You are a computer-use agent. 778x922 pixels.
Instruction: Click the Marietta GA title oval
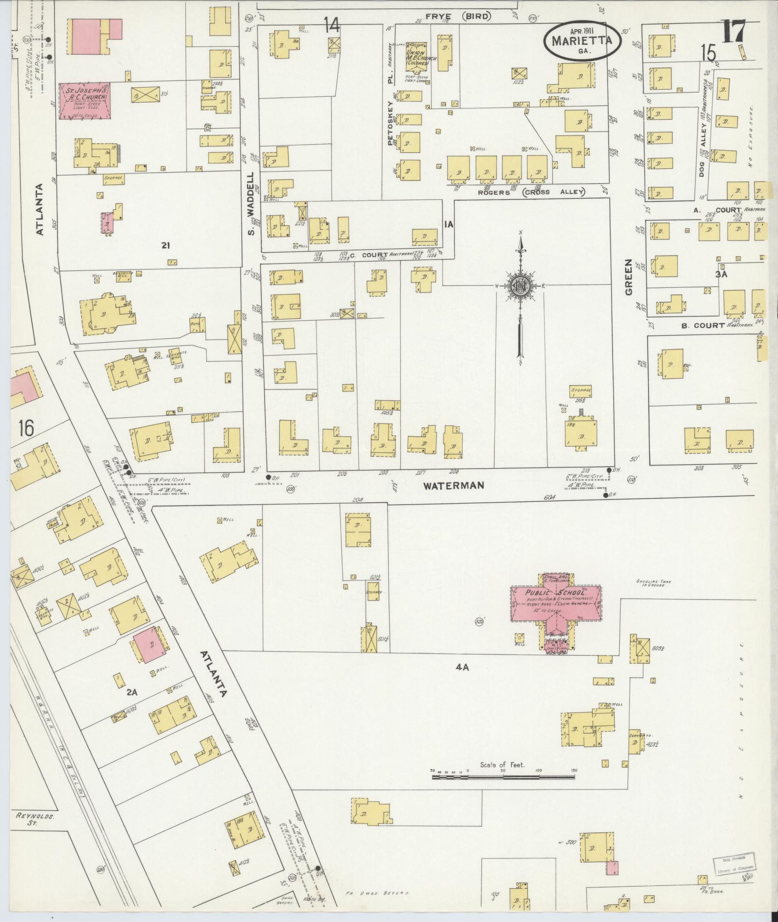pyautogui.click(x=582, y=41)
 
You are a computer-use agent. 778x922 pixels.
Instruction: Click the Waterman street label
pyautogui.click(x=453, y=485)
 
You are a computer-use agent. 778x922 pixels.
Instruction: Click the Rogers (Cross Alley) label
pyautogui.click(x=531, y=192)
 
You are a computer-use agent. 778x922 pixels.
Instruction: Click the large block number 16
pyautogui.click(x=27, y=428)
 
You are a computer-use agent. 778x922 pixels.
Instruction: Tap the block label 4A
pyautogui.click(x=462, y=667)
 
